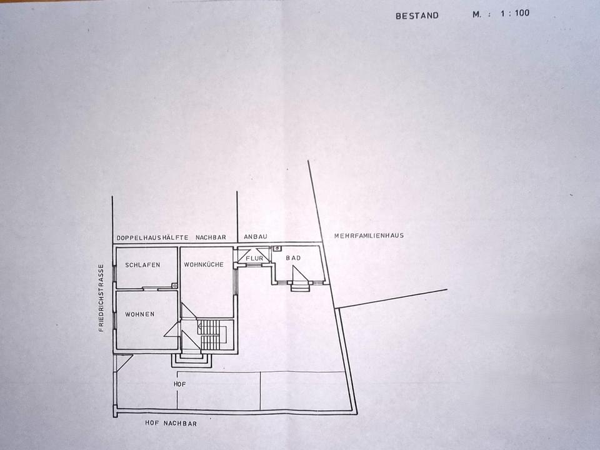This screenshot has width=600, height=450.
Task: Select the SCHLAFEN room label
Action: [142, 265]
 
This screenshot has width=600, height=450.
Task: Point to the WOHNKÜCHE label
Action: [204, 265]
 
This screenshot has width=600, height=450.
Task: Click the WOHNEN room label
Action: [139, 314]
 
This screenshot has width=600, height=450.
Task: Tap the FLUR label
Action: [253, 258]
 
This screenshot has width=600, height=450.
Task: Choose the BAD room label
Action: [293, 258]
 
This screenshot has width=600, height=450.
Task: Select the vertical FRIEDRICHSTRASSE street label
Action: [101, 297]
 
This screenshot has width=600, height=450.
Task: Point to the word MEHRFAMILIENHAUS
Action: [369, 236]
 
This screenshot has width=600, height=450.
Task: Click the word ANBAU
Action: [255, 237]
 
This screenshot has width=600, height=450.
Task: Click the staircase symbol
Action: [209, 335]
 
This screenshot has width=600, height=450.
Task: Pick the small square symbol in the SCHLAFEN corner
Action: [174, 286]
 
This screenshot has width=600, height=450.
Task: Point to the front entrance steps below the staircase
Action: [189, 359]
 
